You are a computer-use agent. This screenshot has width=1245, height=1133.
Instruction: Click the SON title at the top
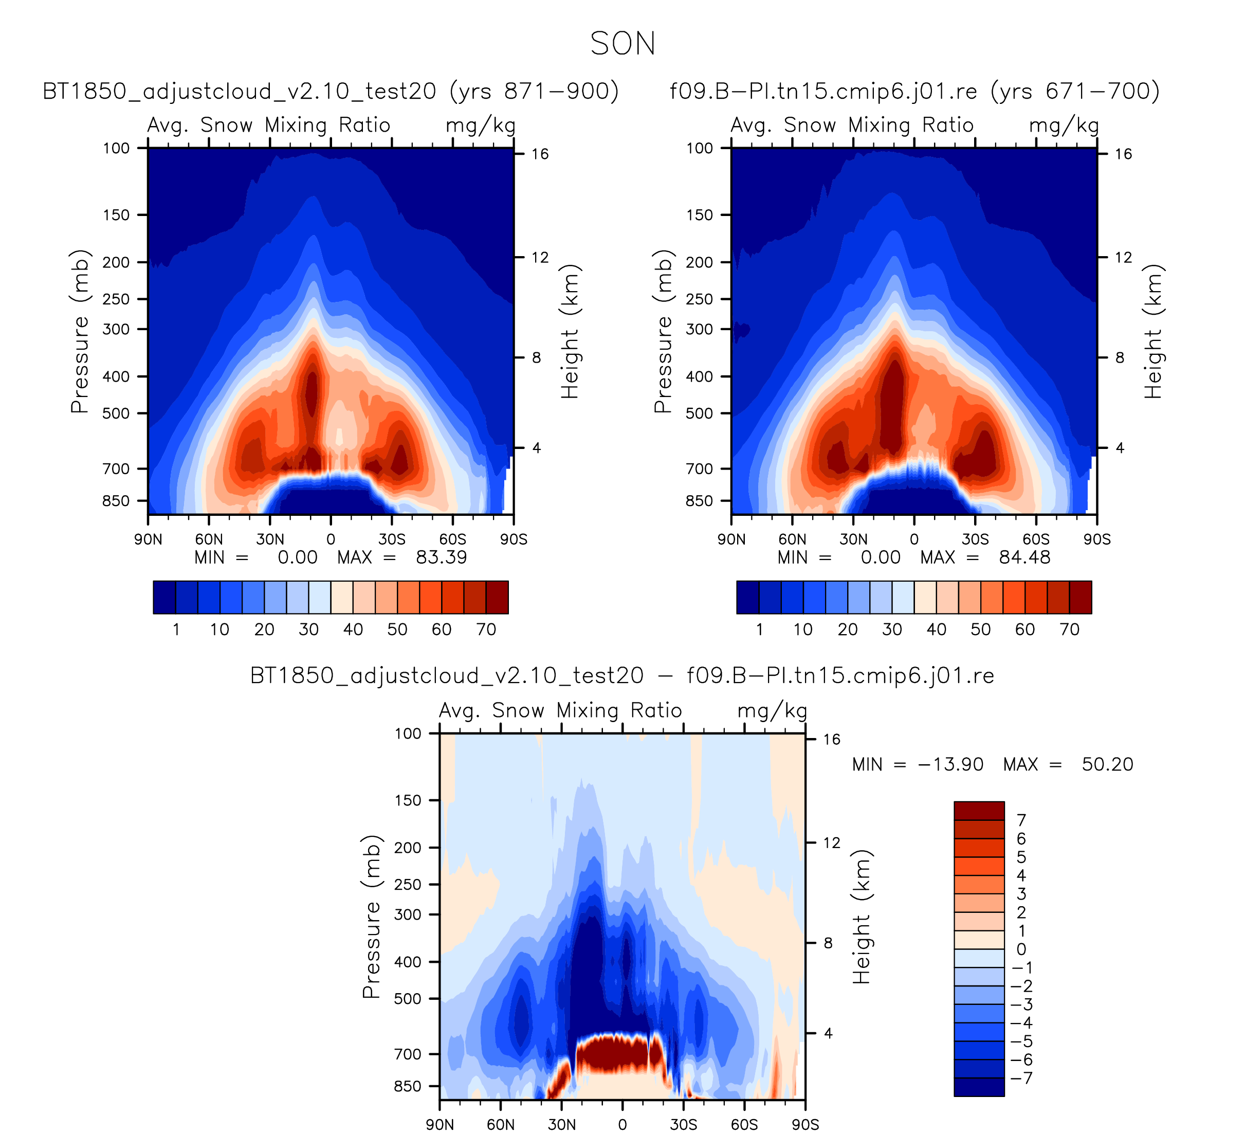(x=622, y=44)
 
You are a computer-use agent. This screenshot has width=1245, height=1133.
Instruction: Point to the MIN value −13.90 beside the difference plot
(x=950, y=765)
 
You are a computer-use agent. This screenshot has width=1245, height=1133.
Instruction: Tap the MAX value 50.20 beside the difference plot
(x=1107, y=765)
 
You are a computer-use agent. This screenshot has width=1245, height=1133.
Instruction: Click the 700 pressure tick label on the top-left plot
(x=116, y=469)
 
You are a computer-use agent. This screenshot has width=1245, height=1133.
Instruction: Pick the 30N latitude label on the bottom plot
(x=561, y=1124)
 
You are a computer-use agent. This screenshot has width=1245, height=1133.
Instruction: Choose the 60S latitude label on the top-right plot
(x=1036, y=539)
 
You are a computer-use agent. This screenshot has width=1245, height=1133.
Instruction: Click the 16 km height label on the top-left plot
(x=540, y=154)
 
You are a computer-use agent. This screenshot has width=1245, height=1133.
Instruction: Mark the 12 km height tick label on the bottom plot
(x=832, y=842)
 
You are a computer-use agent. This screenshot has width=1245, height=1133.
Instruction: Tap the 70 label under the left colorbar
(x=486, y=630)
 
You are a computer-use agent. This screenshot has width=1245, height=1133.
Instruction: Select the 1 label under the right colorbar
(x=759, y=630)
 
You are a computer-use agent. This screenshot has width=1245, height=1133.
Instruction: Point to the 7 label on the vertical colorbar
(x=1021, y=820)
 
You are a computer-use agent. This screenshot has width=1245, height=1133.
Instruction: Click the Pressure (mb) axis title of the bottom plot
(x=371, y=917)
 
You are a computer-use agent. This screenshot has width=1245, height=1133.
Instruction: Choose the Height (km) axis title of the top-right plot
(x=1153, y=331)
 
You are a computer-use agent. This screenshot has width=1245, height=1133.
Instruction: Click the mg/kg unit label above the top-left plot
(x=481, y=125)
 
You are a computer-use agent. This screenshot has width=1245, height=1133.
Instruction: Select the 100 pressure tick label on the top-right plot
(x=700, y=148)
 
